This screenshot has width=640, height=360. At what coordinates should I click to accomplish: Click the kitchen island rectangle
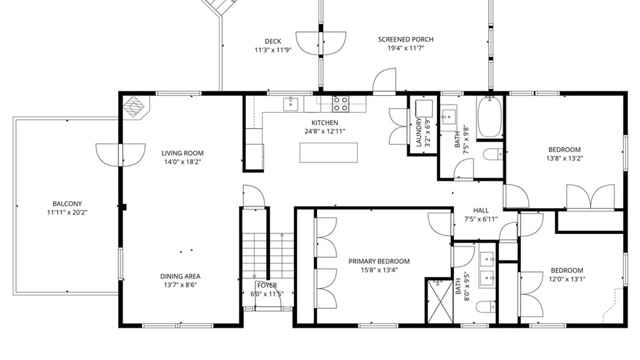click(x=328, y=153)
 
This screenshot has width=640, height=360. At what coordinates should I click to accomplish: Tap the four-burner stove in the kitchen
click(x=341, y=104)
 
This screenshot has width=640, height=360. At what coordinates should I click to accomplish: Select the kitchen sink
click(x=291, y=104)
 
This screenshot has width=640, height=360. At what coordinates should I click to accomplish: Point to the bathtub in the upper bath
click(x=489, y=117)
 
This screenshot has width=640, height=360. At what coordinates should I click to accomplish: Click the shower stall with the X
click(x=440, y=301)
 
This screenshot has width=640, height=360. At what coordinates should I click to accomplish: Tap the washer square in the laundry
click(x=424, y=108)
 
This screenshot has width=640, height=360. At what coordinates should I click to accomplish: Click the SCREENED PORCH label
click(x=406, y=39)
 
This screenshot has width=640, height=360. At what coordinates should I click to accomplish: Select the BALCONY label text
click(x=67, y=204)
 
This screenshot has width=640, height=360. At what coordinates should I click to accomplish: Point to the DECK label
click(x=273, y=41)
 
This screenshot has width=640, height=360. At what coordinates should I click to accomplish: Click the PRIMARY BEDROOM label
click(x=379, y=261)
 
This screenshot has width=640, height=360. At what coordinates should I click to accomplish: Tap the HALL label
click(x=481, y=210)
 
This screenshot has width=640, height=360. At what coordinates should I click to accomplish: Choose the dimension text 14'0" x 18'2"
click(x=183, y=162)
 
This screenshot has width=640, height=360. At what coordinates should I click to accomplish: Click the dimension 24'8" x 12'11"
click(x=325, y=131)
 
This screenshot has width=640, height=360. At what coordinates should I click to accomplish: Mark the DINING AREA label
click(x=180, y=276)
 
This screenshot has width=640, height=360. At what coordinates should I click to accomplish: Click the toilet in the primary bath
click(x=485, y=307)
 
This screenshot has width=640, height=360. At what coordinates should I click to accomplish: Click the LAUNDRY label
click(x=419, y=132)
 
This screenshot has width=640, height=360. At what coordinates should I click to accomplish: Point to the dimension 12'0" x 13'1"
click(x=567, y=279)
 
